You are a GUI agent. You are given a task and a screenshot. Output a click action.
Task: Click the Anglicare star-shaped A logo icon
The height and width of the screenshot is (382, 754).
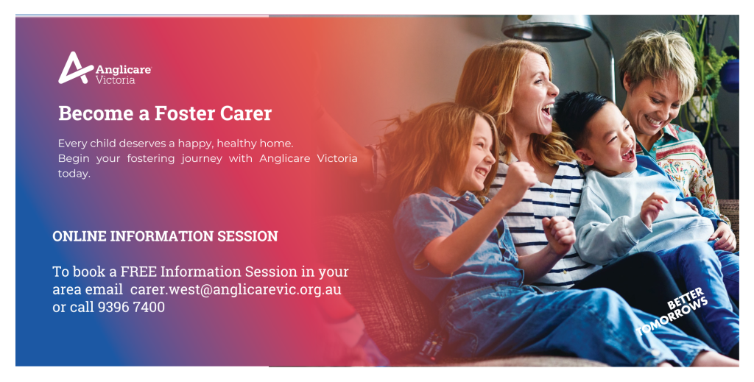pyautogui.click(x=75, y=68)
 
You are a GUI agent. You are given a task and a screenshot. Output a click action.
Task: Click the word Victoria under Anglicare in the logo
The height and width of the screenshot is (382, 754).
pyautogui.click(x=115, y=80)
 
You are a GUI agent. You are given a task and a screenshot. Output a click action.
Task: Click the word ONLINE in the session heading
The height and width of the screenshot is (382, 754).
pyautogui.click(x=80, y=236)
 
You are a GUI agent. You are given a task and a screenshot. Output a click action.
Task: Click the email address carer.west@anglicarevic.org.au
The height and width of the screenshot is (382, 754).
pyautogui.click(x=236, y=290)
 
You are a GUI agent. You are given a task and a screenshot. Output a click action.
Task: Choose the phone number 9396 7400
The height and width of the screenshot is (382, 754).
pyautogui.click(x=131, y=307)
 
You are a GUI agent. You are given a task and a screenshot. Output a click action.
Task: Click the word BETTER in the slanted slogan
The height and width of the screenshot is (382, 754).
pyautogui.click(x=686, y=298)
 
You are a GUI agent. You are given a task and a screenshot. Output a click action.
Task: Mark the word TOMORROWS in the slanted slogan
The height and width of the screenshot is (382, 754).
pyautogui.click(x=672, y=316)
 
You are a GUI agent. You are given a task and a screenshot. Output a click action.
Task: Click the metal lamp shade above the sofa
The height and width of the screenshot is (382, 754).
pyautogui.click(x=547, y=27)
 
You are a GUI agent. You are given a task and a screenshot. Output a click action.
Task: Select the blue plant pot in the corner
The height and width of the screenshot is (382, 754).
pyautogui.click(x=730, y=75)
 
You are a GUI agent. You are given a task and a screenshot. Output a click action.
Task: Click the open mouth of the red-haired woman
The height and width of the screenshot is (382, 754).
pyautogui.click(x=547, y=113)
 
